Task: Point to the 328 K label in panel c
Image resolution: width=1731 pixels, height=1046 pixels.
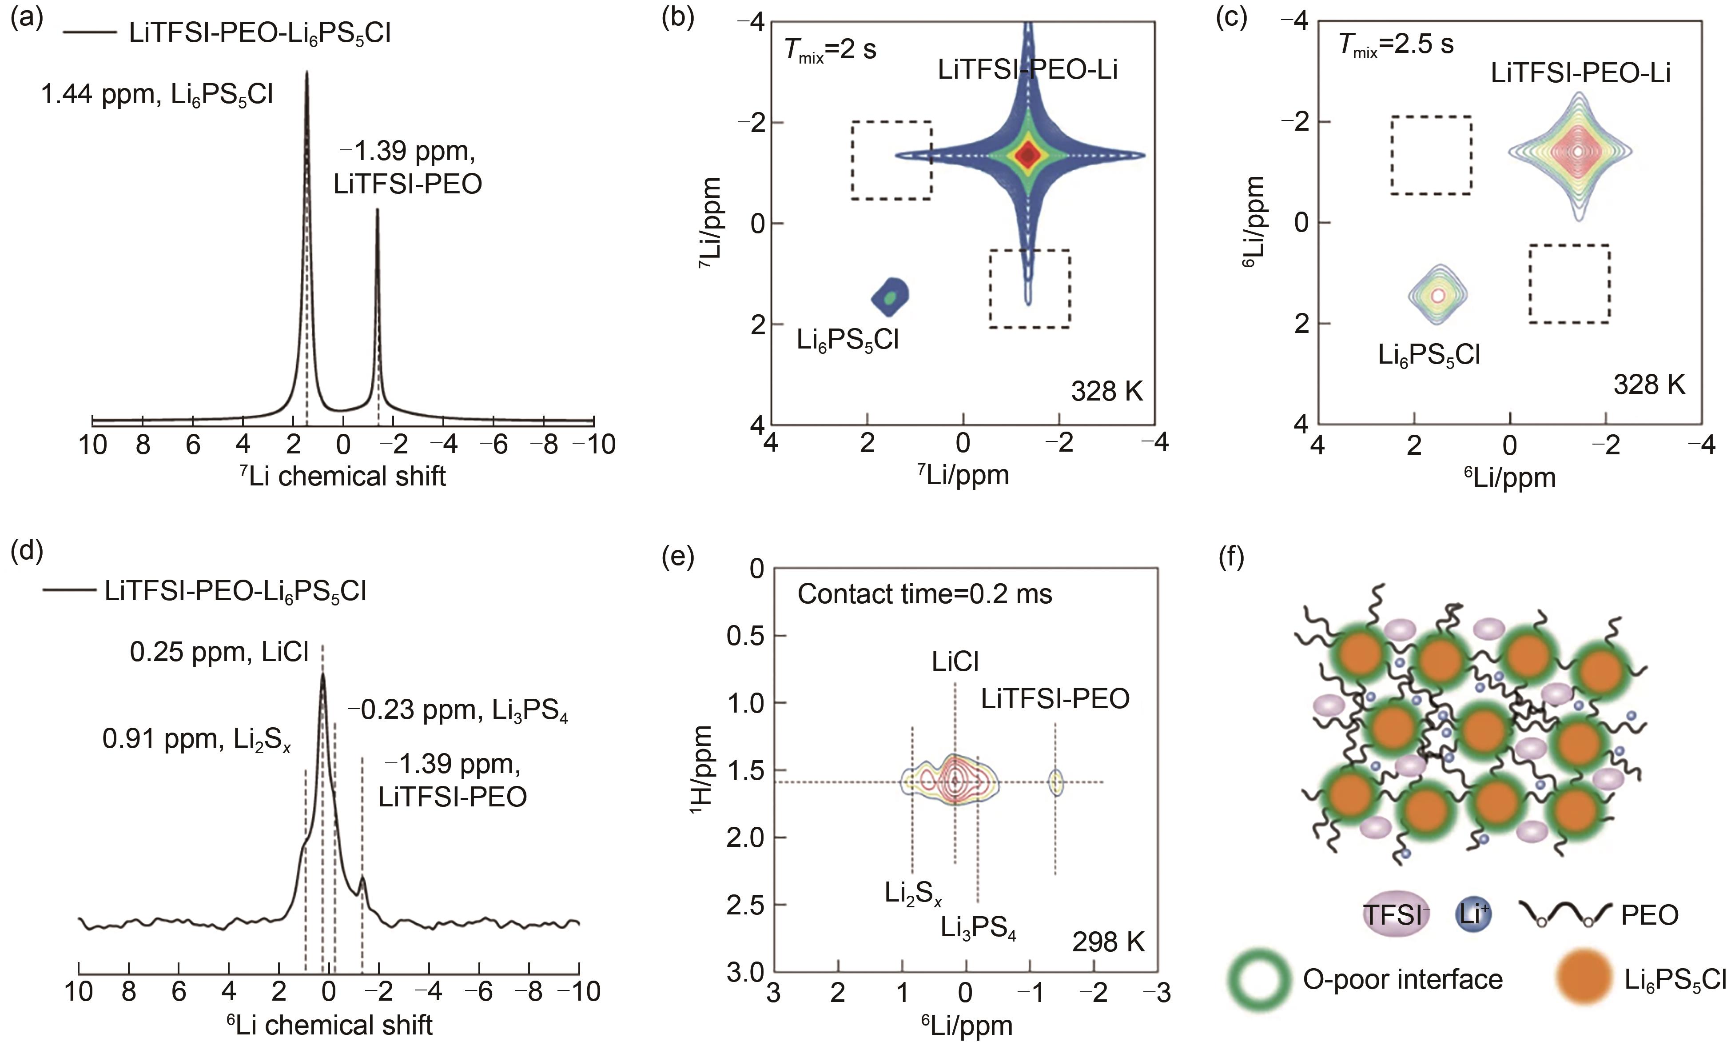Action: (x=1649, y=385)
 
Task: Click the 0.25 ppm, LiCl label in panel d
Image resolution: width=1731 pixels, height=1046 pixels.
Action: (x=219, y=652)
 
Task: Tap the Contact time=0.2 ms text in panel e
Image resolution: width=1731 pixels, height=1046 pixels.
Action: (x=924, y=595)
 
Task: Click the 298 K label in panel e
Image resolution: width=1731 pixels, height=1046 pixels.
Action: (x=1108, y=942)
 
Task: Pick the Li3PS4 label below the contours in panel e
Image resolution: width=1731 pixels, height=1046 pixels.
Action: (x=978, y=929)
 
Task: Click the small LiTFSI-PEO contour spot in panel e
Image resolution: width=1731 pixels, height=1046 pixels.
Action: (x=1055, y=781)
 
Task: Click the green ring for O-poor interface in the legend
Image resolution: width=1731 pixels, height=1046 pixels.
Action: (x=1260, y=980)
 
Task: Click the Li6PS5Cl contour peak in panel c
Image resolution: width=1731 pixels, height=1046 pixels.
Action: (x=1437, y=296)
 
